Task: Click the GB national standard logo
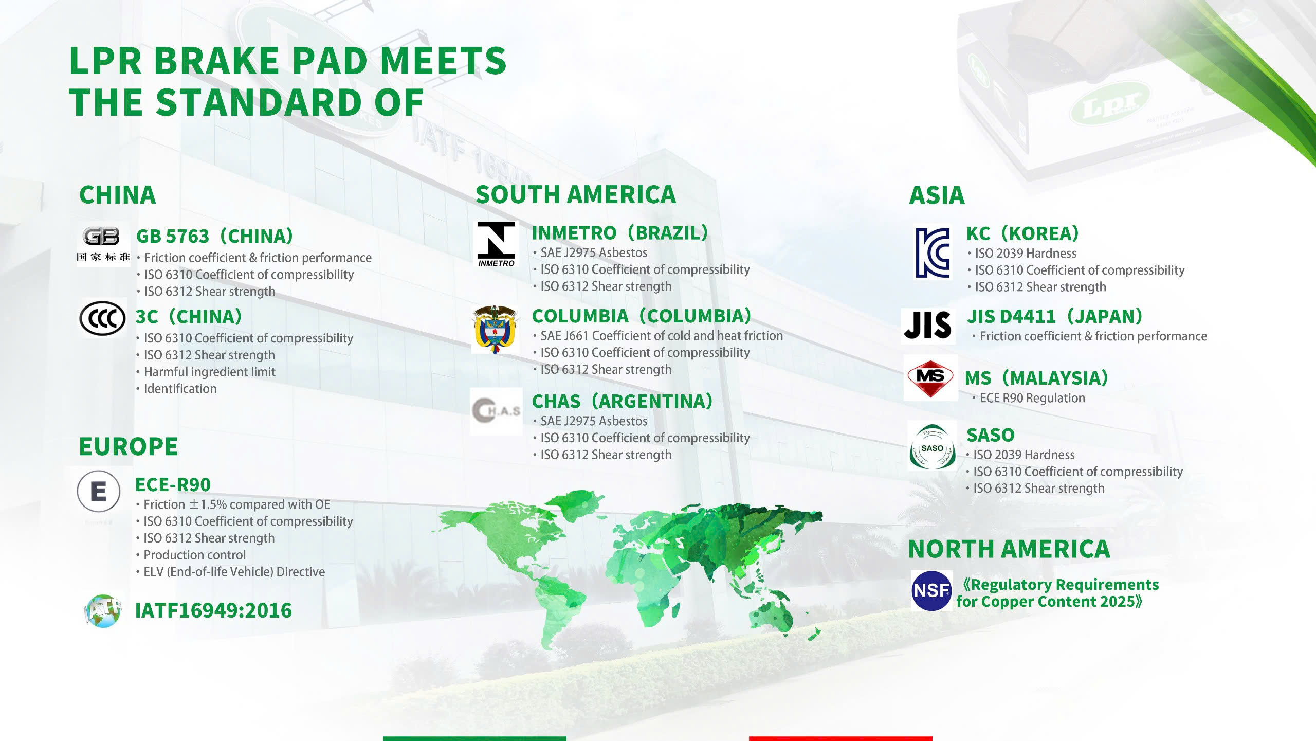coord(103,244)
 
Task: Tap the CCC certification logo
coord(102,318)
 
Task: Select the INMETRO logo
coord(496,244)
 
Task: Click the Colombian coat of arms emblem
coord(495,329)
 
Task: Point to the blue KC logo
coord(933,253)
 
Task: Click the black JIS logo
coord(928,325)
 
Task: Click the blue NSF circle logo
coord(931,590)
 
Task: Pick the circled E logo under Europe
coord(99,491)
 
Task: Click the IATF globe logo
coord(103,611)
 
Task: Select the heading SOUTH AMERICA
coord(576,194)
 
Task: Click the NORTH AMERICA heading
coord(1009,549)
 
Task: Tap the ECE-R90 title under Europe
coord(173,484)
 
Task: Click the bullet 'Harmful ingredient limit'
coord(210,372)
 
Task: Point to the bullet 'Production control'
coord(194,555)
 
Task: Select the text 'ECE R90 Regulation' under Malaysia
coord(1032,398)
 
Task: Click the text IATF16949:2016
coord(213,610)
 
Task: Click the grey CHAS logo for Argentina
coord(496,411)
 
